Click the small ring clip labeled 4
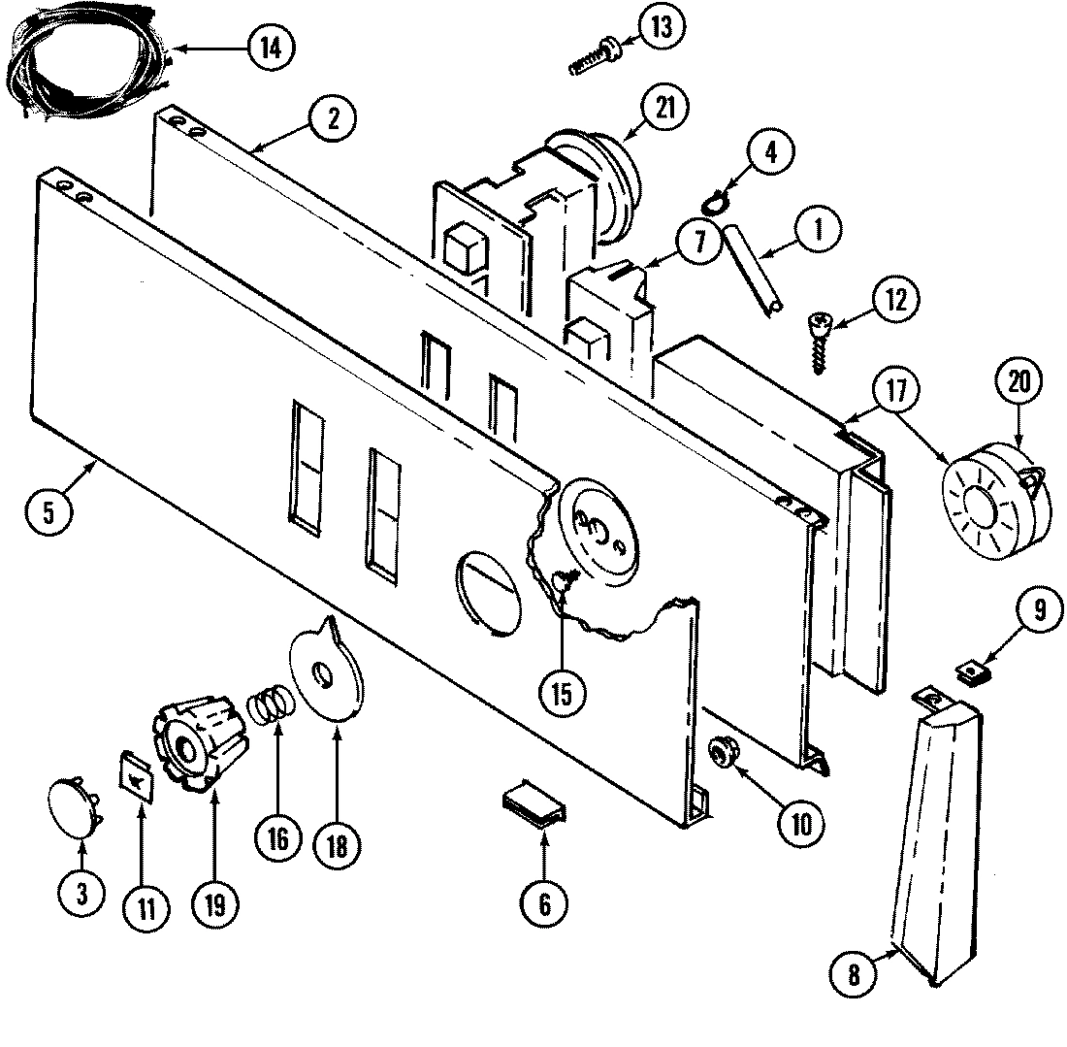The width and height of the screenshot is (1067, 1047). [x=713, y=203]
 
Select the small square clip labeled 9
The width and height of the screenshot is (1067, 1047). [x=973, y=670]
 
